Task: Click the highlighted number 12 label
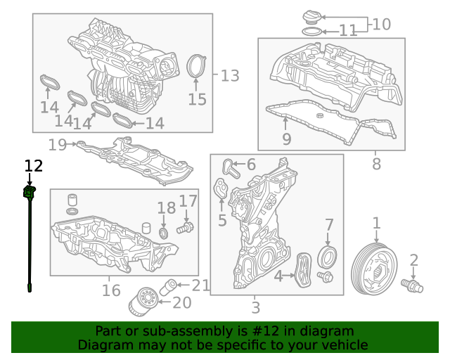point(34,166)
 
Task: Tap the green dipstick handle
point(30,192)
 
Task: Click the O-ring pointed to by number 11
point(312,32)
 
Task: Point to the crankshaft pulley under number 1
point(375,269)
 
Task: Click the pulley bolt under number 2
point(412,285)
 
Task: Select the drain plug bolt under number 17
point(185,228)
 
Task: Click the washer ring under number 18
point(164,233)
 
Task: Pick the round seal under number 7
point(327,257)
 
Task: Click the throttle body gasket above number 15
point(196,66)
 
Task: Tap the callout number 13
point(230,76)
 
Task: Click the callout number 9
point(287,139)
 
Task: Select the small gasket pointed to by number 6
point(231,169)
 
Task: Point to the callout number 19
point(58,145)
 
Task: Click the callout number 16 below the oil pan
point(111,290)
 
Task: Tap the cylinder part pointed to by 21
point(167,287)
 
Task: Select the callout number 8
point(376,165)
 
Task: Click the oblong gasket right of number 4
point(303,270)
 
